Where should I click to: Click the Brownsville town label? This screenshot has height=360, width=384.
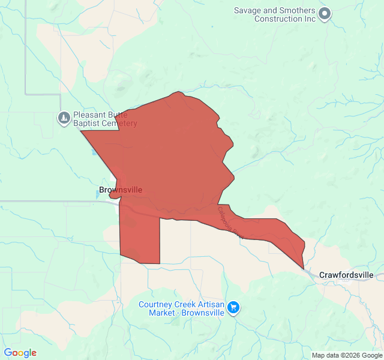(x=120, y=190)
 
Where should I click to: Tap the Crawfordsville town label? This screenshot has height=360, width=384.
(x=346, y=275)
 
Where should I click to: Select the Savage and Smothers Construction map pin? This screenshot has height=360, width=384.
(x=325, y=13)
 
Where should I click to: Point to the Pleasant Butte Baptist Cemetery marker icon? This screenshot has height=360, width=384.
(x=64, y=118)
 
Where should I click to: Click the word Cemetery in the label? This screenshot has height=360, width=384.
(x=119, y=124)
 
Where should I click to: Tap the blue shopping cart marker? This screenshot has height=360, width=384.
(x=233, y=308)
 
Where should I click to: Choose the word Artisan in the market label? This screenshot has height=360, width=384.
(x=208, y=304)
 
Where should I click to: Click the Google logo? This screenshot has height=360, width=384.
(x=20, y=353)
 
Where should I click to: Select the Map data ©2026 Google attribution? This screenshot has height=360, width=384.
(x=346, y=355)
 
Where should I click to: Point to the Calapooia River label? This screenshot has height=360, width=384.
(x=229, y=221)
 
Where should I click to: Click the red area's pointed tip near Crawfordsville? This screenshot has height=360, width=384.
(x=303, y=268)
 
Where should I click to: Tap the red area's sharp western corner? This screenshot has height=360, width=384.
(x=82, y=130)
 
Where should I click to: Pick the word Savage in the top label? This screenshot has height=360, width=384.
(x=247, y=10)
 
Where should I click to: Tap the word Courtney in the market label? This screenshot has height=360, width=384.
(x=155, y=304)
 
